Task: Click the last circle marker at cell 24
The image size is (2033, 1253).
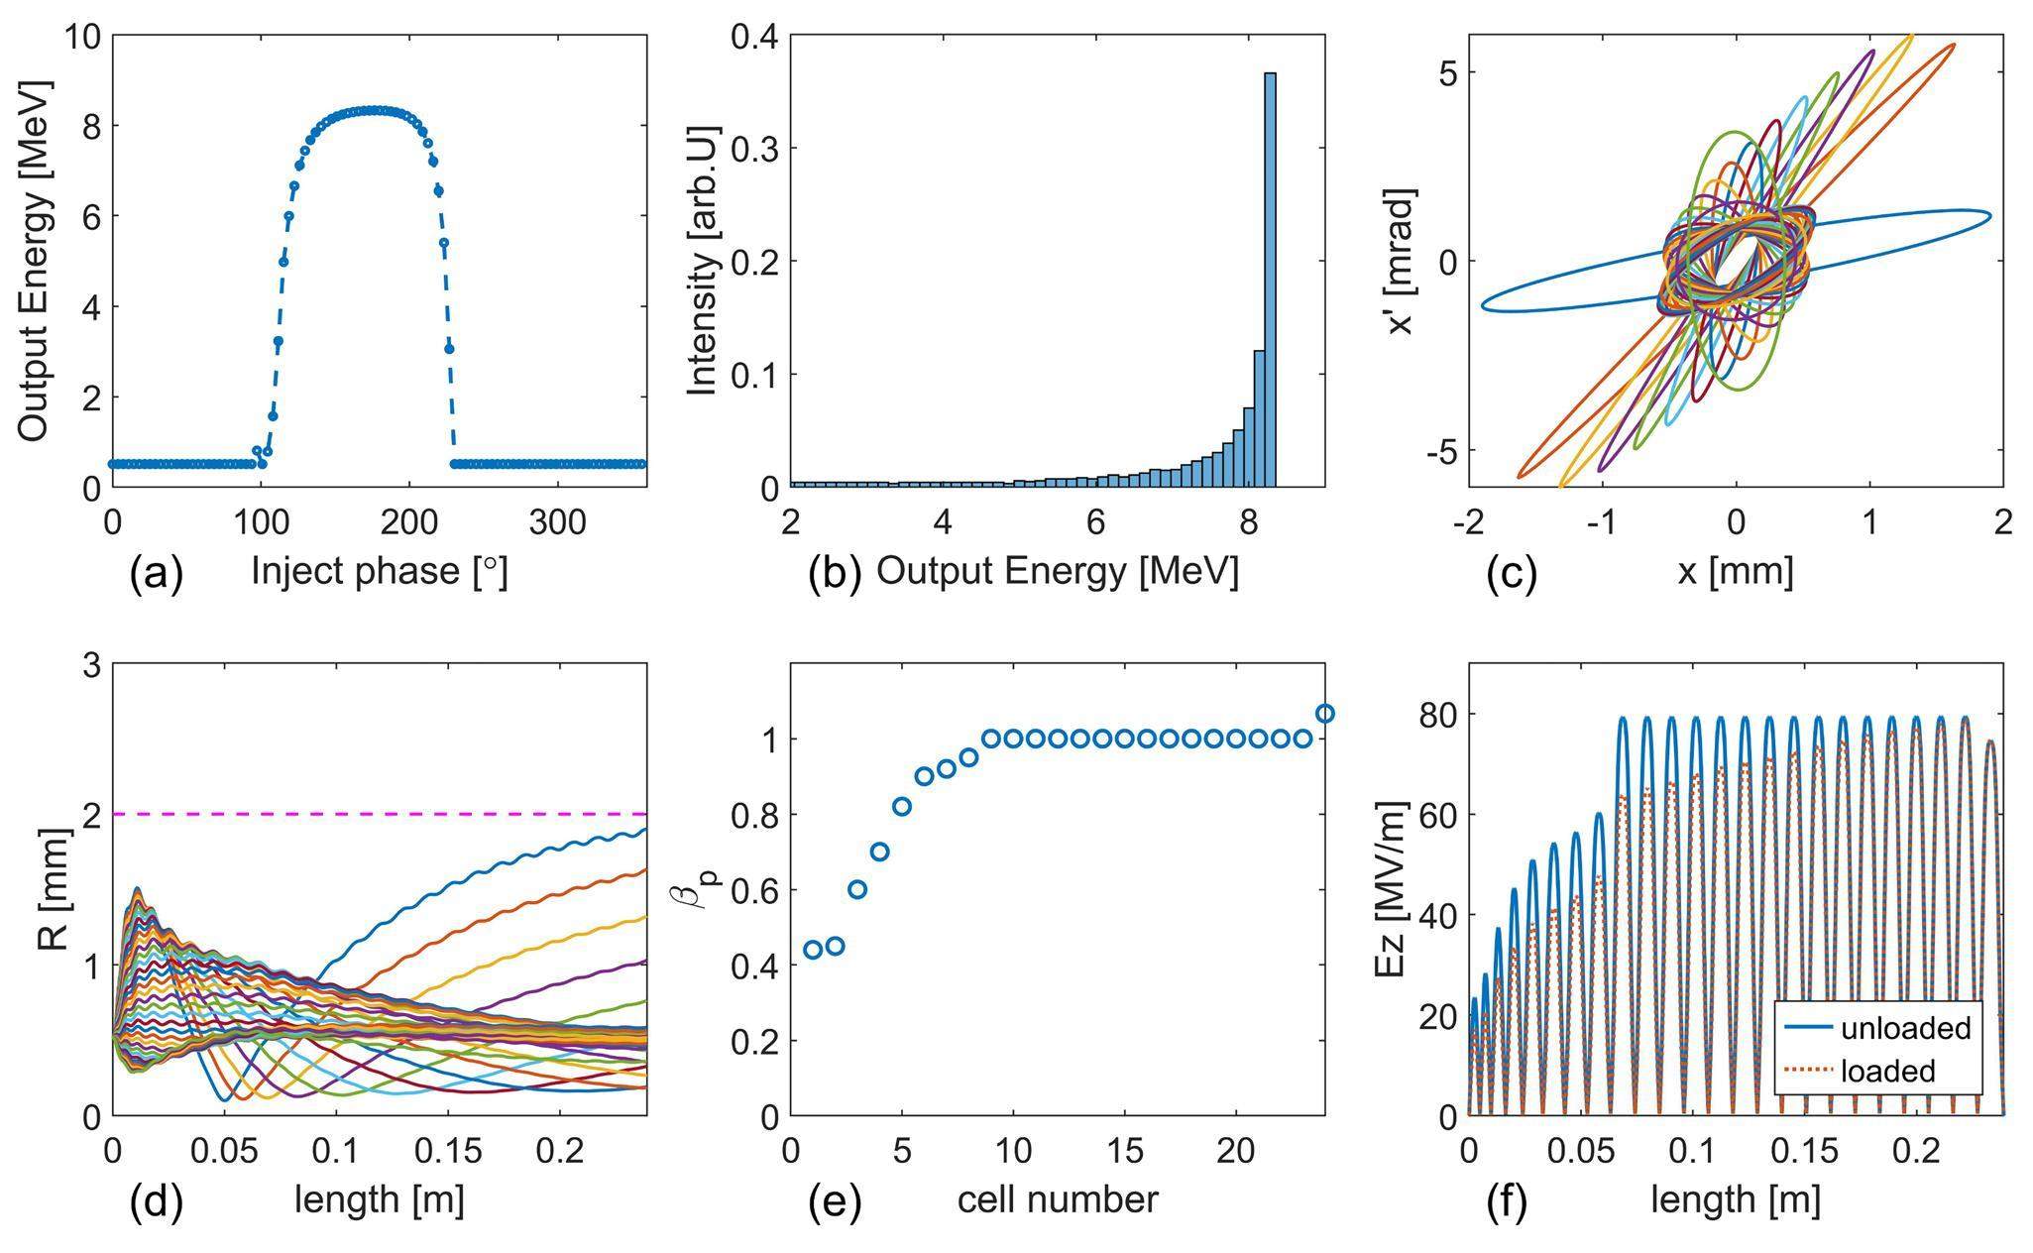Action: pos(1324,714)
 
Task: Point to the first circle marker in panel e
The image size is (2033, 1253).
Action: pos(813,949)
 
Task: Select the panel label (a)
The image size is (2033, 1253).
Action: pos(157,574)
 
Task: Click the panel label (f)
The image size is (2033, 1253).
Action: pos(1506,1201)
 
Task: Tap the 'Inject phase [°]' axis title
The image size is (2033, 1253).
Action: pos(379,572)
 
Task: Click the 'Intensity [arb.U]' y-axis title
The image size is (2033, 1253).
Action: pos(701,261)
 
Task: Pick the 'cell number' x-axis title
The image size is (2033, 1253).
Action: pos(1057,1200)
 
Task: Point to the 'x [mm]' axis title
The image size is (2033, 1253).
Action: pos(1735,572)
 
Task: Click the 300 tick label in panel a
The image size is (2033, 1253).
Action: pos(557,522)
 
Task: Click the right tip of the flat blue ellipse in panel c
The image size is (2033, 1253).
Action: pos(1989,216)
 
